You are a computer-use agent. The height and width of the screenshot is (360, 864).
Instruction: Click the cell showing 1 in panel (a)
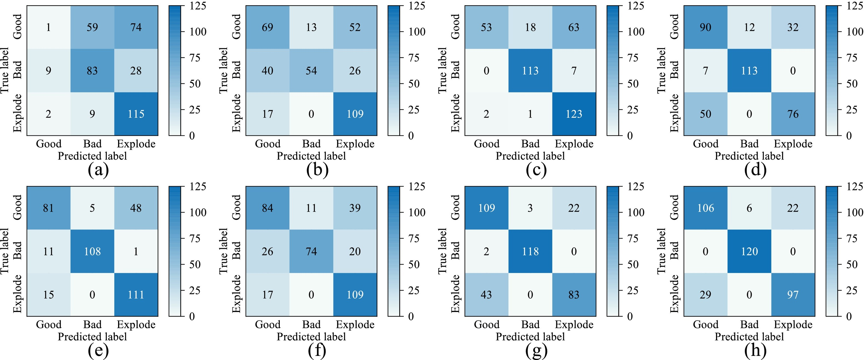pos(48,27)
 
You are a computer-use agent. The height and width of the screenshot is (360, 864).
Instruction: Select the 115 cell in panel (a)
pos(136,114)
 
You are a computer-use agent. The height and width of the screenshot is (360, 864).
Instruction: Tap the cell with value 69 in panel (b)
pos(267,27)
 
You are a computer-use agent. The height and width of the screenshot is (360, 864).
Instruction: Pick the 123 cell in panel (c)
pos(574,114)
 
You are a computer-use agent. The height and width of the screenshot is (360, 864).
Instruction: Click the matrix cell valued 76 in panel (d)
pos(793,114)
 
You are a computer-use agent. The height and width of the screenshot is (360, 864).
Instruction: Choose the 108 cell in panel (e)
pos(92,251)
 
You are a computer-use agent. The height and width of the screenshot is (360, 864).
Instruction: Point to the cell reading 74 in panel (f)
pos(311,251)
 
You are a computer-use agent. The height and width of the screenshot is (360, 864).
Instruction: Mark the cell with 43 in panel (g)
pos(486,294)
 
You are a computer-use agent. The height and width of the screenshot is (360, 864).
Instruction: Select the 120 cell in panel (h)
pos(749,251)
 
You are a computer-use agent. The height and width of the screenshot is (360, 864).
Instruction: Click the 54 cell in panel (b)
pos(311,70)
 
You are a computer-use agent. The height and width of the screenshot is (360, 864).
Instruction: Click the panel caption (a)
pos(98,170)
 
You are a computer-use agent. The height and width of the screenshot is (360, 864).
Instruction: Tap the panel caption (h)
pos(755,351)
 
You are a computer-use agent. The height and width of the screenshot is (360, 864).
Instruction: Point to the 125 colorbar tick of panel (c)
pos(635,6)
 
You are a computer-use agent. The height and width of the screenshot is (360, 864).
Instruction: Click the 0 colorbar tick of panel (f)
pos(411,316)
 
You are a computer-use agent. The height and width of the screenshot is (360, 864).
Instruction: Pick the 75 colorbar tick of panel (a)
pos(195,58)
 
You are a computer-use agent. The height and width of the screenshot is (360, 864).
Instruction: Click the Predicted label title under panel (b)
pos(311,156)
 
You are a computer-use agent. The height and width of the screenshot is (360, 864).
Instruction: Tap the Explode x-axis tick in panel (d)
pos(793,144)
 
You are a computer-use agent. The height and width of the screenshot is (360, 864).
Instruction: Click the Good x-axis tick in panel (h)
pos(705,324)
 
